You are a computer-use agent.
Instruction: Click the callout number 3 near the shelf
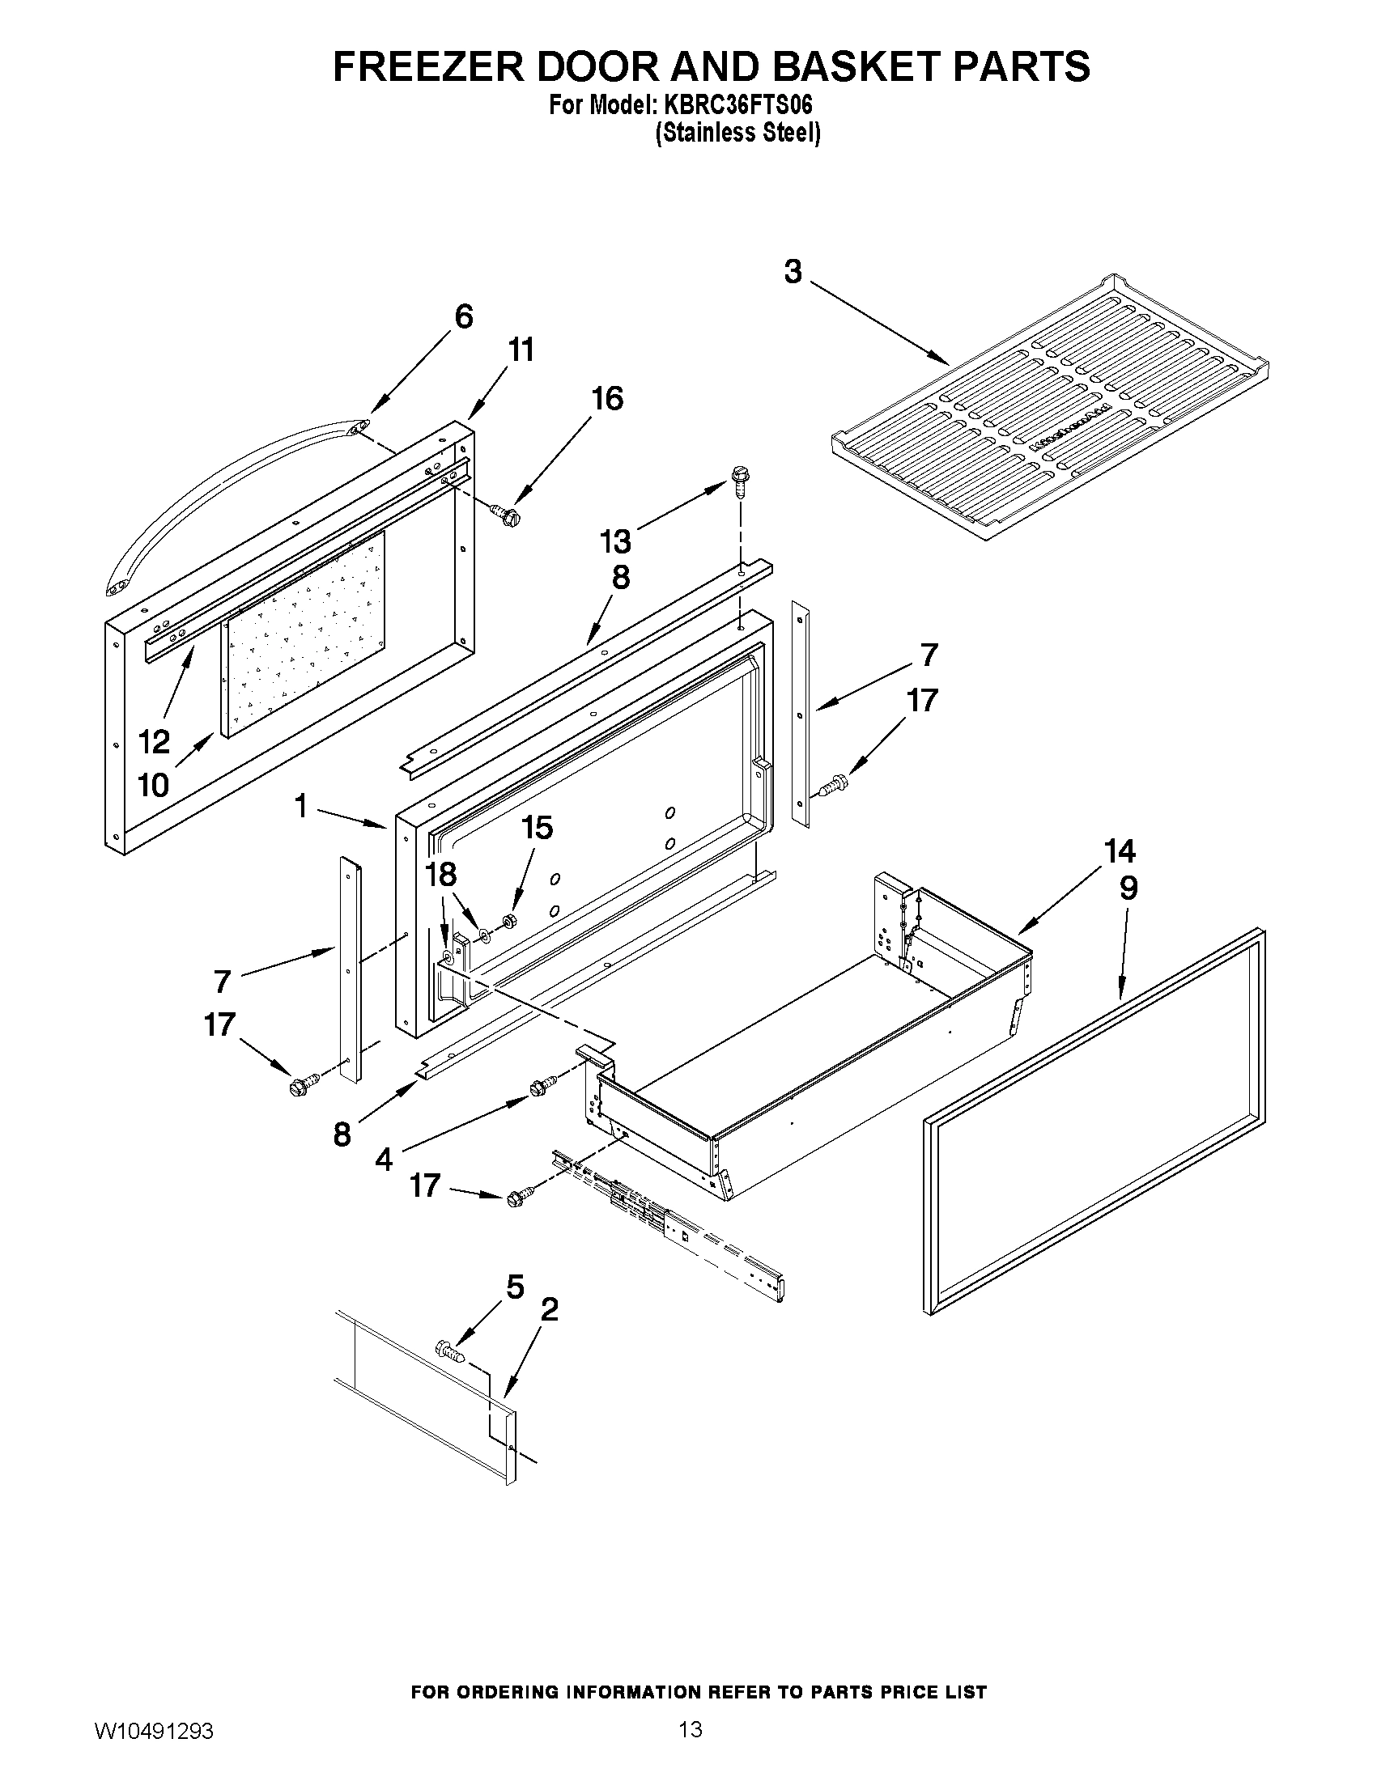[793, 272]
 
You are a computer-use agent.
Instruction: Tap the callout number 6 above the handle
[463, 316]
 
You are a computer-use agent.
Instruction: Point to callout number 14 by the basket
[1120, 851]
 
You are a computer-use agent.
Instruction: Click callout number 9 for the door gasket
[1128, 888]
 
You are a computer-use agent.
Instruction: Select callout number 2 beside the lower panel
[550, 1310]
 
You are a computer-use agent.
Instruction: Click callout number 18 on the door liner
[441, 875]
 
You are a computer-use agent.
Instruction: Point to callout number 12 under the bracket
[154, 741]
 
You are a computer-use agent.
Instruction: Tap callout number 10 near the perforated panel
[153, 785]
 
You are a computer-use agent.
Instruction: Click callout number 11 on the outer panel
[521, 350]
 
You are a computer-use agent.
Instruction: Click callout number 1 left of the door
[301, 807]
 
